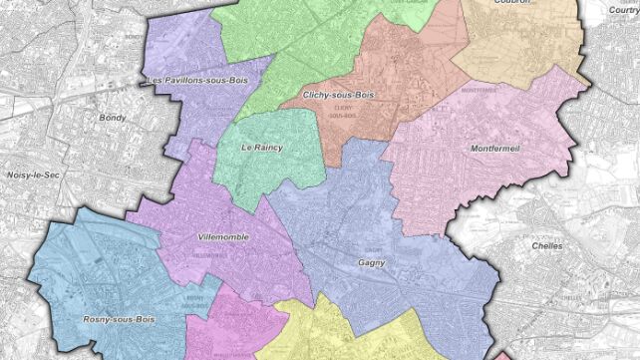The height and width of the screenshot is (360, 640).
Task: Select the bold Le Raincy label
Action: (262, 148)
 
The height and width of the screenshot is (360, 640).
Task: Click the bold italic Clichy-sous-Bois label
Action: (338, 95)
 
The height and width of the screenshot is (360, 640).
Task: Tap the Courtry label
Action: (624, 8)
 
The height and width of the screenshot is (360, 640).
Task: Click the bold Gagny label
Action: (371, 264)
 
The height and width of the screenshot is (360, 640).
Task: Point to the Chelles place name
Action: (546, 245)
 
